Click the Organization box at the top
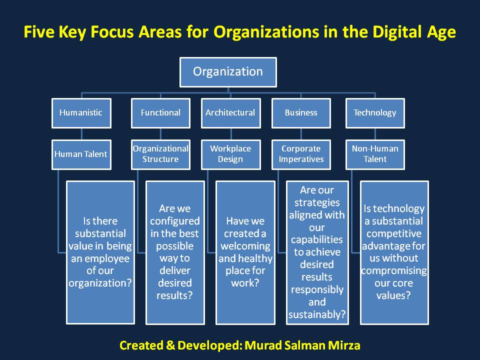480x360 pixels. (x=228, y=72)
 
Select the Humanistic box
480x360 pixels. (x=81, y=113)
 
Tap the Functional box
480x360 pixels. (x=160, y=113)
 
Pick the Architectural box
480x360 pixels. (x=231, y=113)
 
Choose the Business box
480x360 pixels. (x=301, y=113)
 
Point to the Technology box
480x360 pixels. (x=375, y=113)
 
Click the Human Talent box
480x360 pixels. (x=81, y=154)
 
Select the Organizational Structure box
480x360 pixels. (x=160, y=154)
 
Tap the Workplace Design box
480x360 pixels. (x=231, y=154)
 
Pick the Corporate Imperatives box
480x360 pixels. (x=301, y=154)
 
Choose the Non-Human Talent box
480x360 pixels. (x=375, y=154)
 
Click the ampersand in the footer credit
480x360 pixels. (x=170, y=345)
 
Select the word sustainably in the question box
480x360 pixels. (x=317, y=314)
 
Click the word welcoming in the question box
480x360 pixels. (x=245, y=246)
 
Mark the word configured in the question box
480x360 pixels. (x=175, y=221)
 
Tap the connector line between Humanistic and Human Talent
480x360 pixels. (x=81, y=134)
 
